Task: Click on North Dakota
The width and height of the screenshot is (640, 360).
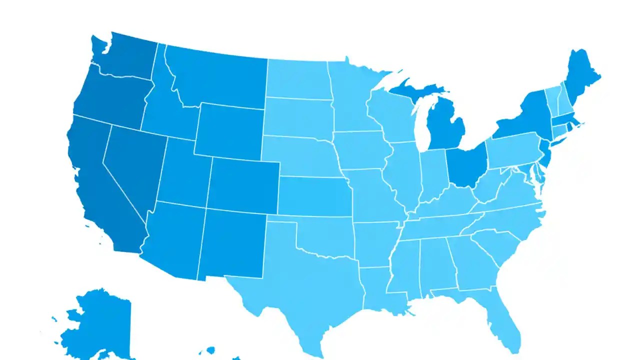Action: [297, 79]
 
